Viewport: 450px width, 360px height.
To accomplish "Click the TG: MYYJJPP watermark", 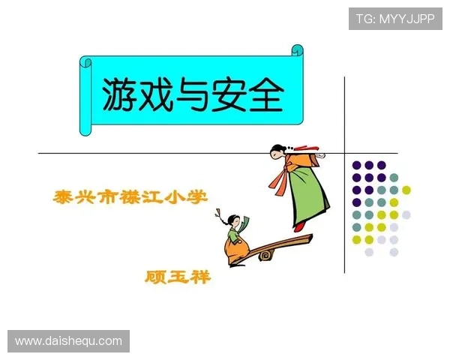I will tap(395, 18).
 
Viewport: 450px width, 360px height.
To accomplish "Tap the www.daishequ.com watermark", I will tap(68, 341).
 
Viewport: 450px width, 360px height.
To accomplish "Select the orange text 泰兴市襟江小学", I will tap(130, 198).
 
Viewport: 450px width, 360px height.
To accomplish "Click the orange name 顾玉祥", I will tap(177, 277).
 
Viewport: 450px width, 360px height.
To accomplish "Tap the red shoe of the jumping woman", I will tap(300, 225).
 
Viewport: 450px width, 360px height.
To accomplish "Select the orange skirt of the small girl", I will tap(238, 247).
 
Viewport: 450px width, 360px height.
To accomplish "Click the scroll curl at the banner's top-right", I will tap(298, 52).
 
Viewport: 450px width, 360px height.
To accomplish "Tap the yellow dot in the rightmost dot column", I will tap(406, 190).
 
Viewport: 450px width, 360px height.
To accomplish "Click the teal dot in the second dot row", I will tap(394, 178).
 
